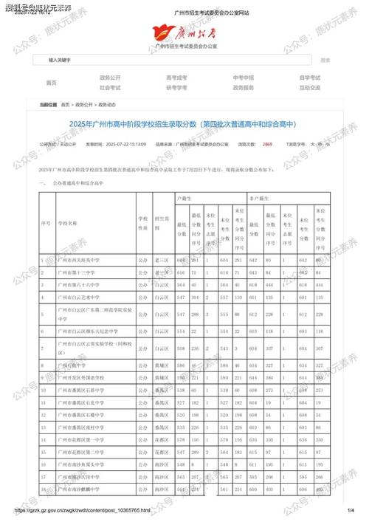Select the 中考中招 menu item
[243, 77]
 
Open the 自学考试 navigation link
[310, 77]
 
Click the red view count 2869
[267, 144]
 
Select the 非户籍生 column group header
[257, 199]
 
